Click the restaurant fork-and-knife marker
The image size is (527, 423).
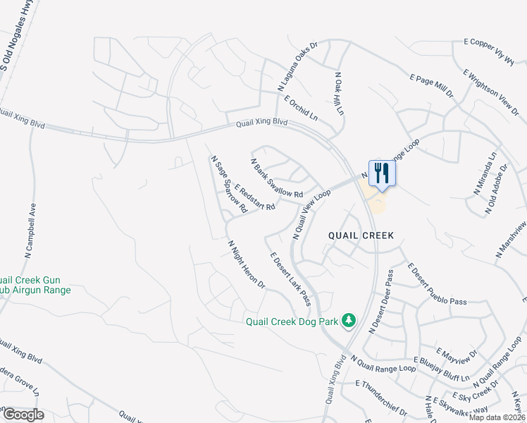coord(381,173)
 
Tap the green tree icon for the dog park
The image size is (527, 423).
coord(348,321)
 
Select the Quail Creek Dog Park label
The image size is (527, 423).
coord(292,322)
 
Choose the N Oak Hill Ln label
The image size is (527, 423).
coord(339,93)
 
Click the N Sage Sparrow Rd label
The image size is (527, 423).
coord(229,185)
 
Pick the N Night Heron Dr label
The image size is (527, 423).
coord(245,265)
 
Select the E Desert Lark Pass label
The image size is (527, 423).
coord(288,279)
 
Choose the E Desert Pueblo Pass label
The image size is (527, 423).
coord(437,284)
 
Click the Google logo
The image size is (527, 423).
coord(23,415)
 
